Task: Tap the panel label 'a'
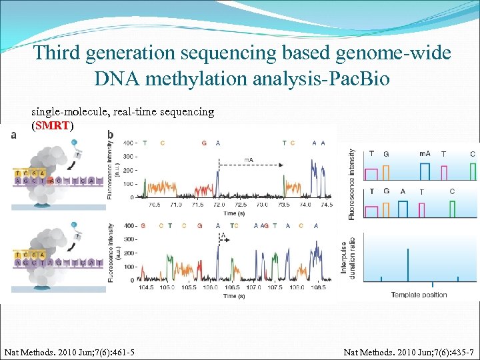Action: pyautogui.click(x=14, y=135)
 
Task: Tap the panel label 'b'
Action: pyautogui.click(x=110, y=135)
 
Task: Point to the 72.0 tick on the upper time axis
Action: pyautogui.click(x=218, y=205)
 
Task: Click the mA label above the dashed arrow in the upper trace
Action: pyautogui.click(x=249, y=159)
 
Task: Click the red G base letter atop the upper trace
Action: pyautogui.click(x=203, y=143)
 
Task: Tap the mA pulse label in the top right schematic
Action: pyautogui.click(x=425, y=154)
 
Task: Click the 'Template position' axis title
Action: pyautogui.click(x=419, y=295)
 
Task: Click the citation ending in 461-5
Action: pyautogui.click(x=69, y=351)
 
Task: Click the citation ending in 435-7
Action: pyautogui.click(x=408, y=351)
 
